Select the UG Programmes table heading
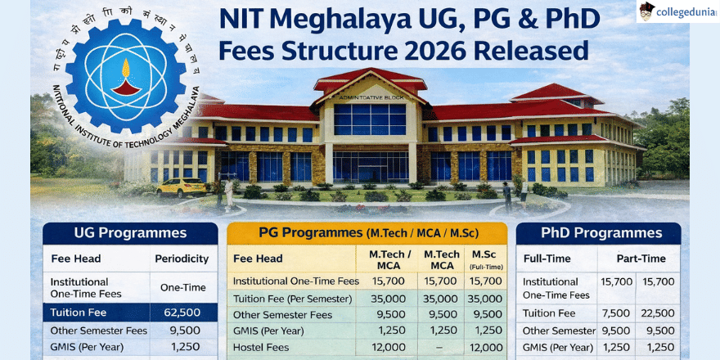131,233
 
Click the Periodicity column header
182,259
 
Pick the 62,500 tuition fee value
182,312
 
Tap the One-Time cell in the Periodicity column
182,287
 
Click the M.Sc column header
485,259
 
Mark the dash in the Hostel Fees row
441,347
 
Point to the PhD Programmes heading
599,233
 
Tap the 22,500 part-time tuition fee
659,313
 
